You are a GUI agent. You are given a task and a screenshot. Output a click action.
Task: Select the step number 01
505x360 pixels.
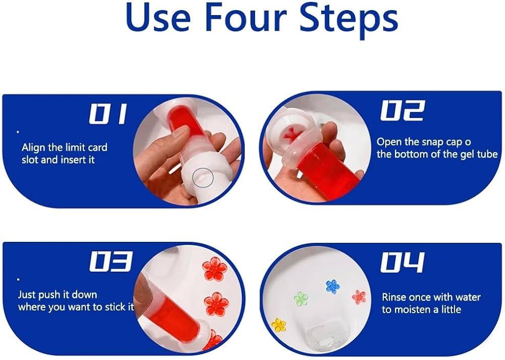coord(108,114)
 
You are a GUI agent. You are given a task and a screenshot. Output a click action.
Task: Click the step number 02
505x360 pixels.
coord(402,111)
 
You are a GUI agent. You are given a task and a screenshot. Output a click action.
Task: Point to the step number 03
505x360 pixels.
coord(111,262)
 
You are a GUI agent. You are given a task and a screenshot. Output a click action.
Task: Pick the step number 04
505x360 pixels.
coord(402,262)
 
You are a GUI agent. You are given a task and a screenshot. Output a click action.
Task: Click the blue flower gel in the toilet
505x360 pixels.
coord(333,286)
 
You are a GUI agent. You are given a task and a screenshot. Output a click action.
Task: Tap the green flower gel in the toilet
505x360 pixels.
coord(301,298)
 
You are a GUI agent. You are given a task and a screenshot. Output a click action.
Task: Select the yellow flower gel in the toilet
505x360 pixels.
coord(279,325)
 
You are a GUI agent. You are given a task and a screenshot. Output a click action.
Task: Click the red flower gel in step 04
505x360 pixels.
coord(359,297)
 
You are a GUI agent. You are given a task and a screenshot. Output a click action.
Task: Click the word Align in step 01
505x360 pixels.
coord(34,148)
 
